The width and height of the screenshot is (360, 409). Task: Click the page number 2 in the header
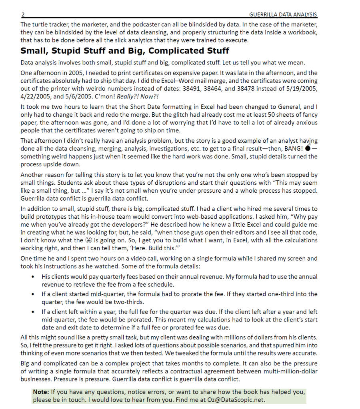[x=23, y=15]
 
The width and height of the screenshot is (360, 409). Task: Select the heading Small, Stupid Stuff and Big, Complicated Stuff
[x=125, y=51]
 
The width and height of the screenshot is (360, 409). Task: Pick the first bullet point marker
[x=32, y=277]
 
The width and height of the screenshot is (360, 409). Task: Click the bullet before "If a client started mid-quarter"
[x=32, y=294]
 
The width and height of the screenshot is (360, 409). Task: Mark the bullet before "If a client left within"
[x=32, y=312]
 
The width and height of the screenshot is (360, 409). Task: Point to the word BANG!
[x=293, y=149]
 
